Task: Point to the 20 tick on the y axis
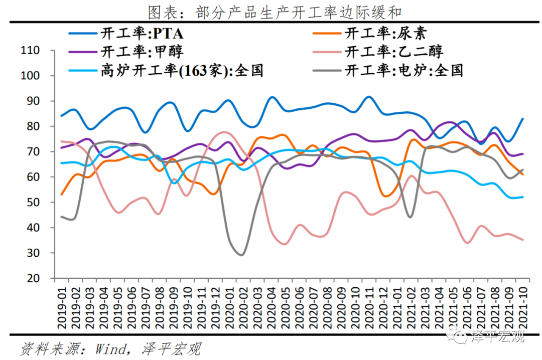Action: coord(33,278)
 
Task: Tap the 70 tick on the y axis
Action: coord(33,152)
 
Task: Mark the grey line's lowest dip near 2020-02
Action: coord(242,255)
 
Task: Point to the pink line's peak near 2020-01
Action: coord(224,132)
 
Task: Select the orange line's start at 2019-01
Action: coord(61,195)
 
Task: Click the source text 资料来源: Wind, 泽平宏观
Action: coord(110,348)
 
